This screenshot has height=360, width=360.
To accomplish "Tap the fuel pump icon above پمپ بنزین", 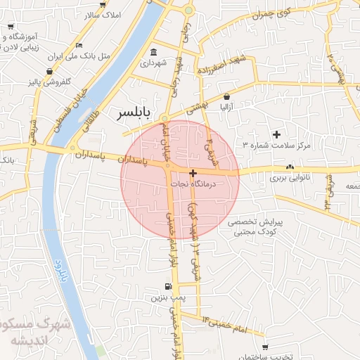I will point(167,286).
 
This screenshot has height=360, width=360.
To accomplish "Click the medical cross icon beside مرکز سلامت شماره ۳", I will point(276,134).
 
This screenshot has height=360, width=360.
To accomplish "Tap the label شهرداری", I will point(154,63).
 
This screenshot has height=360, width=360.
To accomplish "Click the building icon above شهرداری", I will point(154,51).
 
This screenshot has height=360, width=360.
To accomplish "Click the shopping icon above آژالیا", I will point(226,96).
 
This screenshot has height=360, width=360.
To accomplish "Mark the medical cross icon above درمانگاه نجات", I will point(193,172).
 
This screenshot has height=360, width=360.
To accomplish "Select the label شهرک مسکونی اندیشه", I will point(28,332).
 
